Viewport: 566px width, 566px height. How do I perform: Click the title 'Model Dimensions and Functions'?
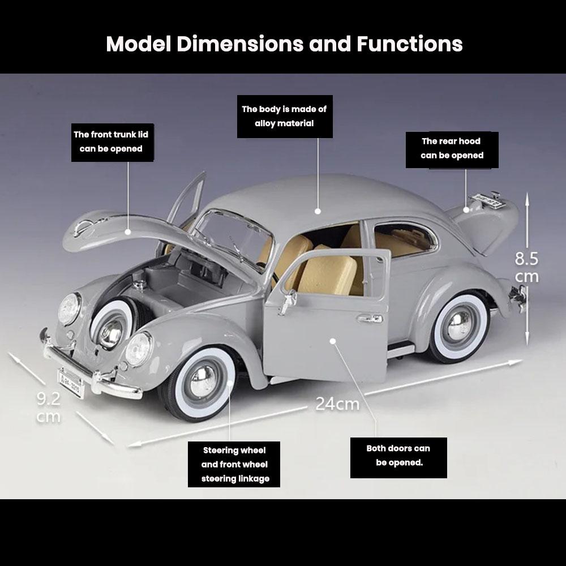tap(284, 44)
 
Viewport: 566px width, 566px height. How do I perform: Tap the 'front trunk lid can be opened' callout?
tap(111, 142)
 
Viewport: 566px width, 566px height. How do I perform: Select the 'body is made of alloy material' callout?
tap(284, 116)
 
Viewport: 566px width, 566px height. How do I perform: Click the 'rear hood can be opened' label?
tap(452, 148)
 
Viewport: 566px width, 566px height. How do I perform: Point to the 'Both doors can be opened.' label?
tap(398, 456)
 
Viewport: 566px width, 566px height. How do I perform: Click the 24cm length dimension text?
tap(337, 404)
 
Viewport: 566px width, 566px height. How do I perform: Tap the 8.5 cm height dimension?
tap(526, 267)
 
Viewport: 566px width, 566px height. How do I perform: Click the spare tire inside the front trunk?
tap(112, 327)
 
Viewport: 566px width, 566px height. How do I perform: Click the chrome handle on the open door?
tap(370, 319)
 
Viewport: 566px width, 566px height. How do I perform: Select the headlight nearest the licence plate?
tap(138, 349)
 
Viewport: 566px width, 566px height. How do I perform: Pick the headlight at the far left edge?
tap(69, 309)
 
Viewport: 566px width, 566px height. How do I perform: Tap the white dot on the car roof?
tap(318, 211)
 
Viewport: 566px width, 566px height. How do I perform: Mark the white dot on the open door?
tap(333, 341)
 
